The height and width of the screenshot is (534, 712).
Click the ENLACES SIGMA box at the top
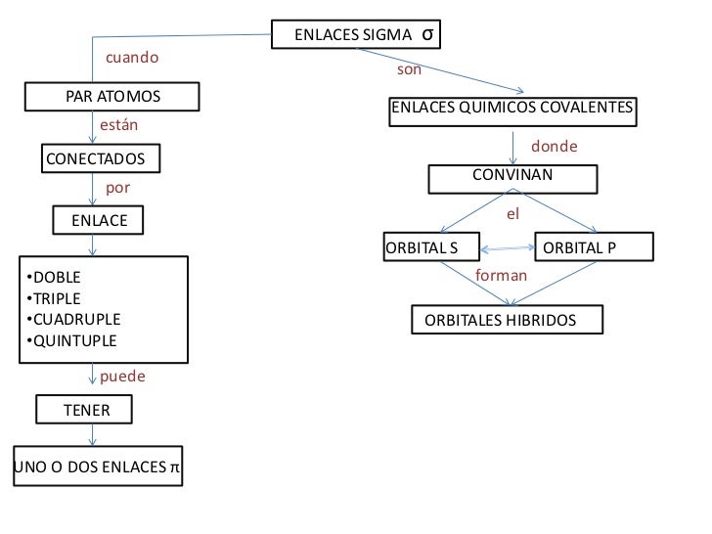pos(354,36)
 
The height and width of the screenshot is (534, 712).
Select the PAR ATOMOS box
pos(112,97)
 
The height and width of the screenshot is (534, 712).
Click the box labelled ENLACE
pos(99,221)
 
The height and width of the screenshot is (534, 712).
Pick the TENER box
pos(86,411)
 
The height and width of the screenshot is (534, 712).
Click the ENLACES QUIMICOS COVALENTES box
pos(512,108)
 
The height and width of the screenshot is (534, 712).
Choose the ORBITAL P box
pos(580,247)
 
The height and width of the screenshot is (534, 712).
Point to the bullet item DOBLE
pos(58,277)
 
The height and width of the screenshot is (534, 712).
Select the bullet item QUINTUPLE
pos(74,341)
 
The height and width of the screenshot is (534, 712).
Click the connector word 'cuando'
pos(132,58)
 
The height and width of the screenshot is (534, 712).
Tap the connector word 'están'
pos(120,126)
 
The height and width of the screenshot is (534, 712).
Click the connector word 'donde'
pos(554,147)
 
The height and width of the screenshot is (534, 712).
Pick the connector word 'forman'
pos(501,277)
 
